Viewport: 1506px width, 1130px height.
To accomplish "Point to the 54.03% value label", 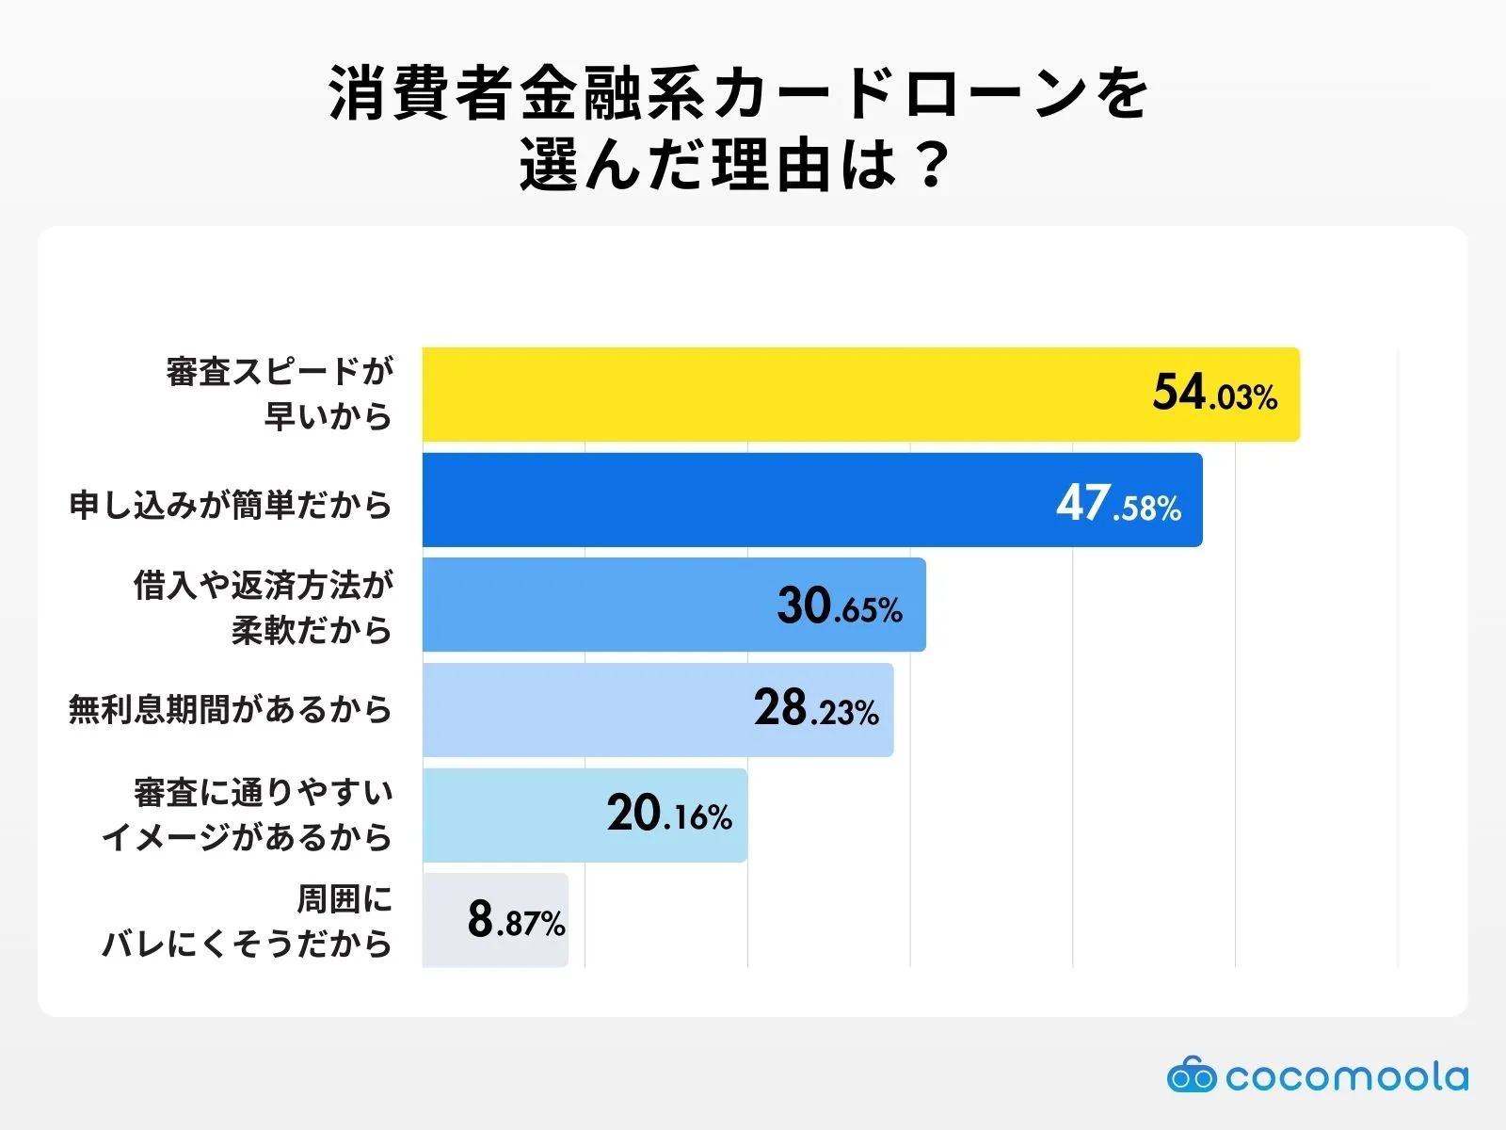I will point(1214,394).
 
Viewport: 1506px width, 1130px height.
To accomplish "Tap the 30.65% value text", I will point(840,606).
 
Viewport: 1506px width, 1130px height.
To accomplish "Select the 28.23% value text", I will point(816,709).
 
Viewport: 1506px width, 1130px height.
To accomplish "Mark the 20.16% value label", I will point(669,815).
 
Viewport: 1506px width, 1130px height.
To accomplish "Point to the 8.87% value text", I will point(516,920).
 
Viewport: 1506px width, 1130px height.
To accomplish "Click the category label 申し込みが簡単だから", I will point(231,506).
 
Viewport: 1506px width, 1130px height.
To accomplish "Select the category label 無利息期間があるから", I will point(231,709).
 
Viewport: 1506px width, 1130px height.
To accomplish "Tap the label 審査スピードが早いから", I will point(280,394).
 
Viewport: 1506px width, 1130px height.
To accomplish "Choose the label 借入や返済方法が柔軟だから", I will point(264,606).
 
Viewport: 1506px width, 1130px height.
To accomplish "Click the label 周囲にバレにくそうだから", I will point(248,921).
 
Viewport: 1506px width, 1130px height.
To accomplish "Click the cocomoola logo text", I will point(1346,1077).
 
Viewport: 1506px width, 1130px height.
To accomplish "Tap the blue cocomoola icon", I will point(1192,1075).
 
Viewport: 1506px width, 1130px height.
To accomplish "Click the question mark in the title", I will point(933,166).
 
